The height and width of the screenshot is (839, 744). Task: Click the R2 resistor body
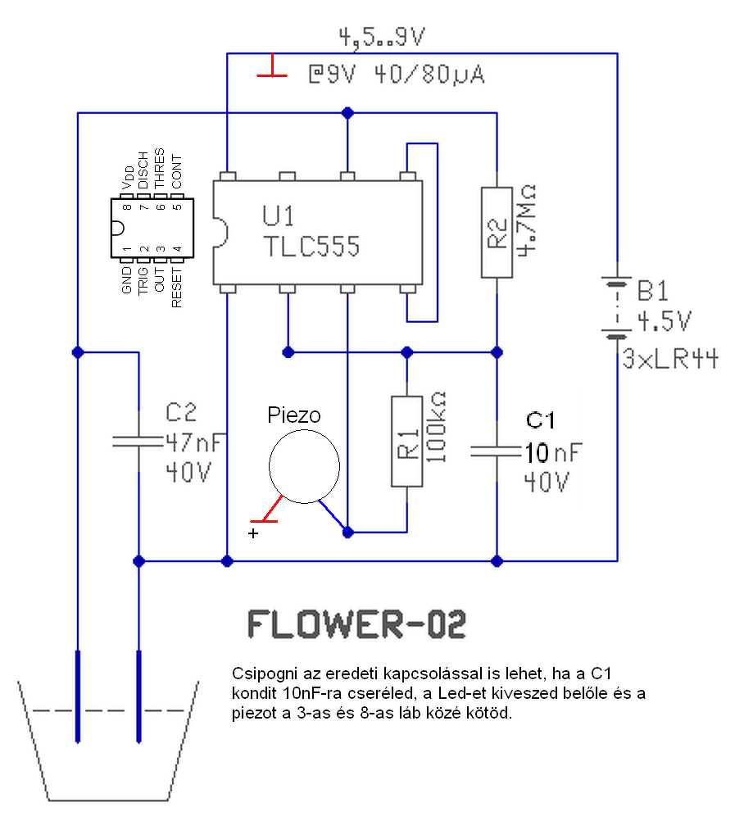[497, 232]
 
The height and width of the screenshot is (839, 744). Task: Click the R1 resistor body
[406, 442]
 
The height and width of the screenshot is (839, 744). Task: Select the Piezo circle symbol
[304, 466]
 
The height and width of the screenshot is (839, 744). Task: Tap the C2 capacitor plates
[138, 442]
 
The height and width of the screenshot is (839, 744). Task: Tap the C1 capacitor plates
[497, 451]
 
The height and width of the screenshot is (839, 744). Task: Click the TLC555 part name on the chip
[311, 246]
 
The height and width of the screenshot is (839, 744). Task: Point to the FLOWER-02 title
[357, 624]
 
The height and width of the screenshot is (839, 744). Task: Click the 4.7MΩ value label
[527, 220]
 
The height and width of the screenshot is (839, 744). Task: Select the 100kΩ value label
[436, 426]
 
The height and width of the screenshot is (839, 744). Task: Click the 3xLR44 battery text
[670, 359]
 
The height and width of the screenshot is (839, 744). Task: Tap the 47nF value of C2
[193, 442]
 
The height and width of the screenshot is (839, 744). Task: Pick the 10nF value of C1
[552, 452]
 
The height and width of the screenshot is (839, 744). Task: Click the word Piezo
[294, 415]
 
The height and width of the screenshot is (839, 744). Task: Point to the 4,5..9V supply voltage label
[382, 37]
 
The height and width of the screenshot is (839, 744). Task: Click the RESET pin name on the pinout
[177, 288]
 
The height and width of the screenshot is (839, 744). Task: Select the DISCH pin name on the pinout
[143, 170]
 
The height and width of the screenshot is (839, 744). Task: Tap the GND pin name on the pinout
[127, 280]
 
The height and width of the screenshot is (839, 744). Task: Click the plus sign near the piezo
[253, 533]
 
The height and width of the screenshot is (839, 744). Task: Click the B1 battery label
[652, 291]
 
